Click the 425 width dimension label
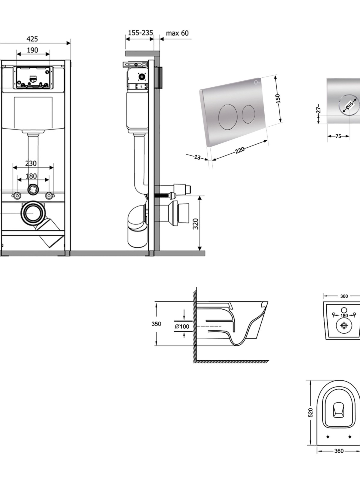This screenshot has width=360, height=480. click(x=32, y=39)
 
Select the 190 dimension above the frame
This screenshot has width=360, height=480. click(x=33, y=50)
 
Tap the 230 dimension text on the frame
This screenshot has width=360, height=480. click(x=31, y=163)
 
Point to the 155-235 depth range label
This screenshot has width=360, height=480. click(x=140, y=33)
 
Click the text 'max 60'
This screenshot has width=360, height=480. click(x=177, y=33)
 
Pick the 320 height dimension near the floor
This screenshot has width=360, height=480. click(x=196, y=224)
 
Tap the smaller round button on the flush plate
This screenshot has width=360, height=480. click(x=249, y=114)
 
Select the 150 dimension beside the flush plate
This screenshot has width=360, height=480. click(x=277, y=98)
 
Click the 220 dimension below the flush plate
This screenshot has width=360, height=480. click(x=240, y=151)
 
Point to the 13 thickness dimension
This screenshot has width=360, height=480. click(x=197, y=157)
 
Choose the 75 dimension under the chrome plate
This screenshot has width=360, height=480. click(x=338, y=136)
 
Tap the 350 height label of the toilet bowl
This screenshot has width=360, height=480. click(x=156, y=324)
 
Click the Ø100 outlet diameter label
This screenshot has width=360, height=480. click(x=182, y=326)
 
